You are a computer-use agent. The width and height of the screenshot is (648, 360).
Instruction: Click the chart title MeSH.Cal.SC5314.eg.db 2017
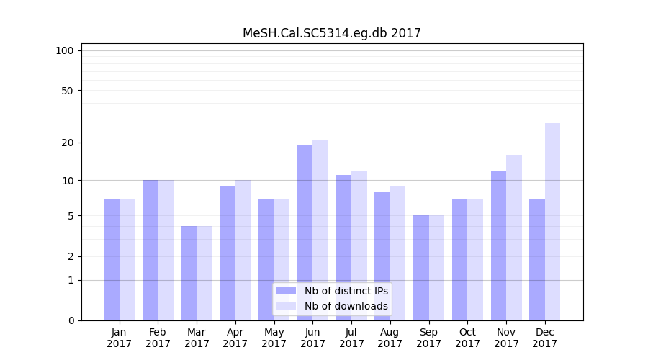331,33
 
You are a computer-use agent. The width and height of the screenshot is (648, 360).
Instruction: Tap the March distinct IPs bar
189,273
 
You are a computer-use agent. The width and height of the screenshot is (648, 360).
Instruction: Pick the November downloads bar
514,238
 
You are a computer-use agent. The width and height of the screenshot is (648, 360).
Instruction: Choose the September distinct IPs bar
421,268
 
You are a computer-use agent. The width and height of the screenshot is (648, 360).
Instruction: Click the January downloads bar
127,259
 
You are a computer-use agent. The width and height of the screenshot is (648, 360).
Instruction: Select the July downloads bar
359,246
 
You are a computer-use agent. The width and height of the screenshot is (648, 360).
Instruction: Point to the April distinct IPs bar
228,253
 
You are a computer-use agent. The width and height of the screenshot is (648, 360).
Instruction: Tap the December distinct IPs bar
537,259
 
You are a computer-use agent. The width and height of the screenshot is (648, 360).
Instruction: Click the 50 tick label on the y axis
67,91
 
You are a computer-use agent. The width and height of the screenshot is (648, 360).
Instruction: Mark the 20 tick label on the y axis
67,143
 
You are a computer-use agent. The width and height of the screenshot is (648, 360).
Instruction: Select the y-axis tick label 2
71,256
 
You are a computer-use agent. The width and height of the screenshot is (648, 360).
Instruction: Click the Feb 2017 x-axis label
158,338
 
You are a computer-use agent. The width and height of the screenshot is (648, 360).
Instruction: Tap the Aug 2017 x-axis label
390,338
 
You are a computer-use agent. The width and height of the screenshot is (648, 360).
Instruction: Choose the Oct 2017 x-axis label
467,338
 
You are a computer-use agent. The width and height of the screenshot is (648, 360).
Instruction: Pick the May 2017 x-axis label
274,338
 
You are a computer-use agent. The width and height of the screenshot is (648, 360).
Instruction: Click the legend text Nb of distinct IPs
346,291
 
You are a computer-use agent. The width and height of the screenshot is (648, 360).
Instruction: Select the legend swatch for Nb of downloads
286,306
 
